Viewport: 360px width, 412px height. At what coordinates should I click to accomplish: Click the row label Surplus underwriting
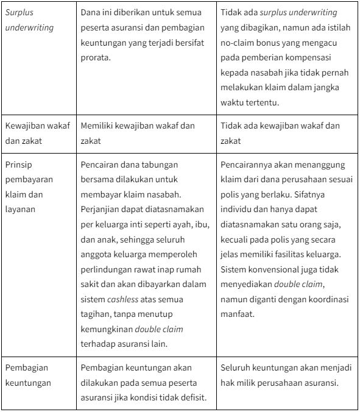[29, 20]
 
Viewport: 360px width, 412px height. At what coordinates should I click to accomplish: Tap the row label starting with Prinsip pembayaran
[29, 187]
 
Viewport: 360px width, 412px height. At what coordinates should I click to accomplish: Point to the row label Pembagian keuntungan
[28, 376]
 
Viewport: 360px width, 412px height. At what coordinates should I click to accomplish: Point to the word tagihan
[97, 314]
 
